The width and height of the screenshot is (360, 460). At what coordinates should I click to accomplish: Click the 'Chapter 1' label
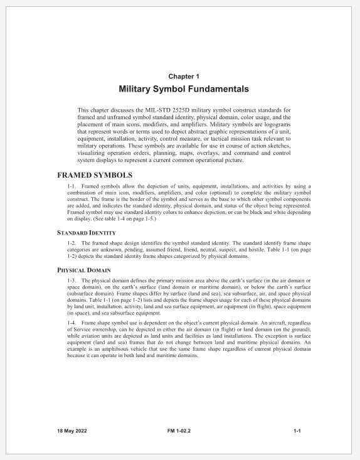(x=179, y=77)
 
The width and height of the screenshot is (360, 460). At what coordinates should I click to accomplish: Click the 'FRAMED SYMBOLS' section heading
(x=95, y=175)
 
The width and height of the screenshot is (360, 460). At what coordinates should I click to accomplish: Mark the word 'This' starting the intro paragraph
(x=83, y=110)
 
